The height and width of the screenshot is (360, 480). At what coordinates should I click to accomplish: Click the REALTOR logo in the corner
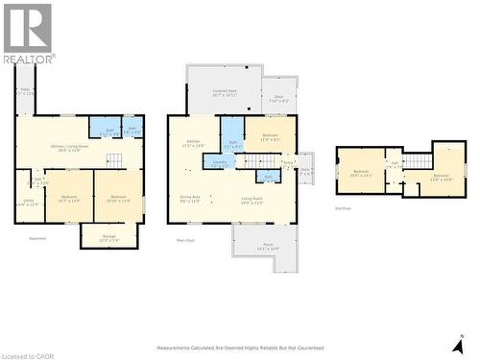pyautogui.click(x=29, y=33)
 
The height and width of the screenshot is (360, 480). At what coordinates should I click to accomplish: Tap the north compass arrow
pyautogui.click(x=459, y=345)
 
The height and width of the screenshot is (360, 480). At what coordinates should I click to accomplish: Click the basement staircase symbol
pyautogui.click(x=114, y=160)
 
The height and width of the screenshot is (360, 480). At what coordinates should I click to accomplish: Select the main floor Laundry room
pyautogui.click(x=218, y=162)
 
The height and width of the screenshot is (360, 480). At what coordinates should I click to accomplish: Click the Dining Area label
pyautogui.click(x=190, y=200)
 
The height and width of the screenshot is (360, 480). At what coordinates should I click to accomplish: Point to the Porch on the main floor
pyautogui.click(x=266, y=247)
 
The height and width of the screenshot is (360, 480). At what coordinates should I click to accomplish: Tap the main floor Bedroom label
pyautogui.click(x=270, y=137)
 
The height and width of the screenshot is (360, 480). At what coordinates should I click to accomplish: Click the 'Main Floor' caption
pyautogui.click(x=185, y=240)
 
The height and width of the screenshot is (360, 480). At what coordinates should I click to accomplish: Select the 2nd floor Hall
pyautogui.click(x=394, y=165)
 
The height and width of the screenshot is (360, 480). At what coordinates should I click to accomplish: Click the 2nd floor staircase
pyautogui.click(x=418, y=160)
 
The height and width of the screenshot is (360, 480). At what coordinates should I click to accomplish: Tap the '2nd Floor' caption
pyautogui.click(x=343, y=207)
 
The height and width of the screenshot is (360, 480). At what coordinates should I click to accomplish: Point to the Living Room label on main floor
pyautogui.click(x=252, y=200)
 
